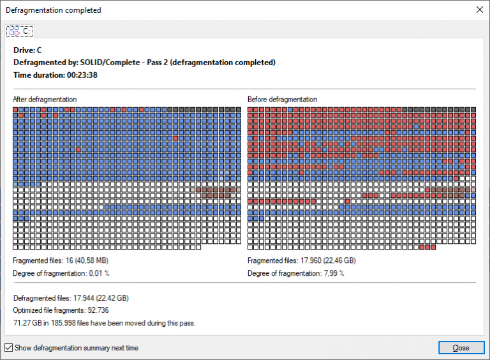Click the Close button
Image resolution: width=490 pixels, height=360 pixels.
pos(461,348)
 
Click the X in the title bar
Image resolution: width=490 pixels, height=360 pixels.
pos(479,10)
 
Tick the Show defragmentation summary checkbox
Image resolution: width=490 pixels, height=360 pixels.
pos(8,348)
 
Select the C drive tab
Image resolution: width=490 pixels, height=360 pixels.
pos(20,31)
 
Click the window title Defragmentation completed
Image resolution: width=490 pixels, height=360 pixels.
pos(53,10)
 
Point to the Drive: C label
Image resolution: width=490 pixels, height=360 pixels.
pos(27,50)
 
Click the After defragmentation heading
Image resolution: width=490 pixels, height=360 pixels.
pos(45,100)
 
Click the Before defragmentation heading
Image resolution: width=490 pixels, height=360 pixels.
pos(282,100)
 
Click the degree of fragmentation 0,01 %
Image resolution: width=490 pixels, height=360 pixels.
pos(98,273)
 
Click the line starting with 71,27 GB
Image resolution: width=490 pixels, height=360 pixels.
pos(103,323)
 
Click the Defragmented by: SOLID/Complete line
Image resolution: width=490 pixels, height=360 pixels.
pos(144,63)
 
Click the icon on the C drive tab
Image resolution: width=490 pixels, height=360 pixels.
pos(15,31)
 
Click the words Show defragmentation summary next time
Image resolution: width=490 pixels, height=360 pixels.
pos(77,348)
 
